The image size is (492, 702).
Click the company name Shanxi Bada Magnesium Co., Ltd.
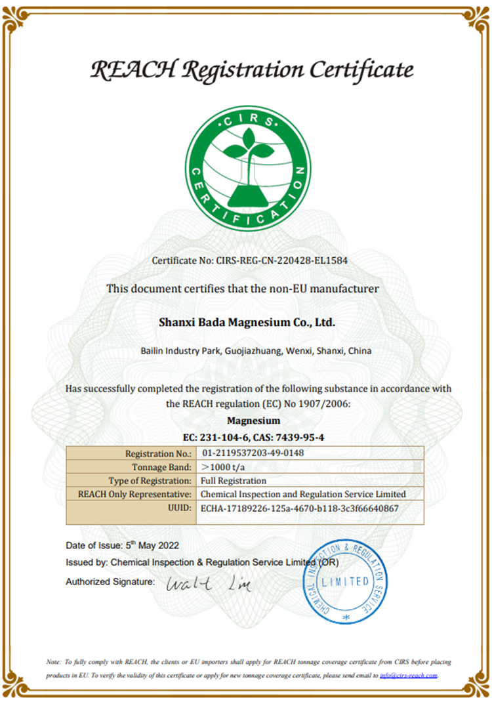(247, 322)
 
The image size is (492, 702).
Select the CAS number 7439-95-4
(295, 436)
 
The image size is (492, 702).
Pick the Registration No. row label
(157, 453)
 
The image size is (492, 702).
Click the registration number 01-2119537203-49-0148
(253, 453)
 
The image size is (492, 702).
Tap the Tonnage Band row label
(161, 467)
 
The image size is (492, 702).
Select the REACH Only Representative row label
(134, 493)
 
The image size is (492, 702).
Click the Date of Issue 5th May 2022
(122, 545)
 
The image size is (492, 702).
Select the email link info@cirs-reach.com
(409, 675)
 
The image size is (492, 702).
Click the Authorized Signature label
(110, 581)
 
